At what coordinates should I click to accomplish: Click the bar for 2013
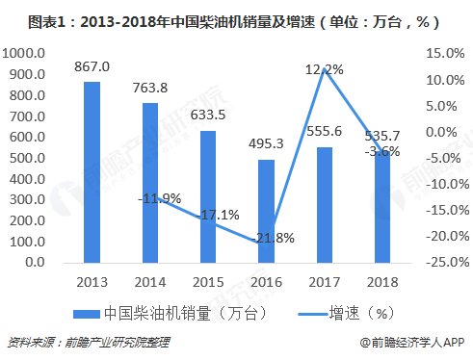click(x=92, y=171)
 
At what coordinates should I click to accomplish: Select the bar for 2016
click(x=266, y=210)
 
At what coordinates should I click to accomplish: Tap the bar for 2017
click(x=324, y=204)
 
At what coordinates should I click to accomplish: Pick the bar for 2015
click(x=208, y=195)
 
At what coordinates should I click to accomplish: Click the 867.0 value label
click(x=92, y=67)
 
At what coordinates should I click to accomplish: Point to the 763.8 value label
click(x=149, y=89)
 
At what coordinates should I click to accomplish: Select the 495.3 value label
click(x=266, y=144)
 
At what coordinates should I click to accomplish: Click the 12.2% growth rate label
click(x=324, y=68)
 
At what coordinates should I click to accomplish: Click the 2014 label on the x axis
click(x=149, y=279)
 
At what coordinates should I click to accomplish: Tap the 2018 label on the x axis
click(x=381, y=279)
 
